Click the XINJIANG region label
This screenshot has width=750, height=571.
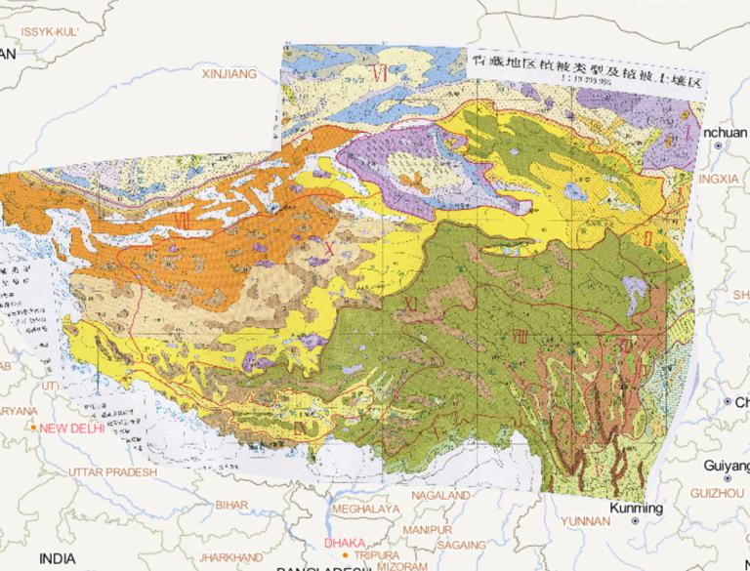pyautogui.click(x=228, y=73)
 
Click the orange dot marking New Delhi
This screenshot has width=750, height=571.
pyautogui.click(x=34, y=428)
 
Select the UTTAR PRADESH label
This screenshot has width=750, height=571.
pyautogui.click(x=112, y=472)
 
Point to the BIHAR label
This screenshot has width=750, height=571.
pyautogui.click(x=231, y=504)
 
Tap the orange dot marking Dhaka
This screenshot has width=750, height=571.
pyautogui.click(x=344, y=555)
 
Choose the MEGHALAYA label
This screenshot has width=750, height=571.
pyautogui.click(x=366, y=510)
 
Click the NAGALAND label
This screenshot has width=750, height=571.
pyautogui.click(x=440, y=495)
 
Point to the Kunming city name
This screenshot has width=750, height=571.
pyautogui.click(x=635, y=509)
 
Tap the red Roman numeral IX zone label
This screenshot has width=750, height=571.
pyautogui.click(x=304, y=426)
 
